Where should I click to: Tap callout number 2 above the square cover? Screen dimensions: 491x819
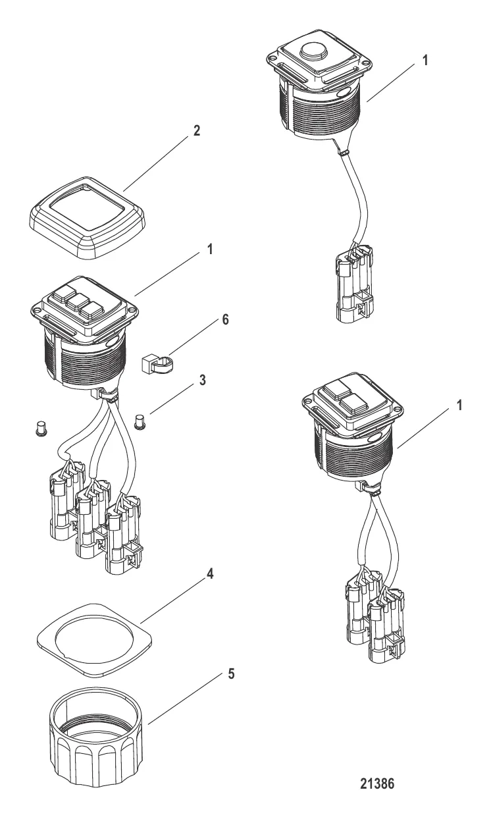tap(197, 130)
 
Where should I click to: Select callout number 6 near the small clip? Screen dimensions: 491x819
tap(226, 319)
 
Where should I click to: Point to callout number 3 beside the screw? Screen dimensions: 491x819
tap(202, 381)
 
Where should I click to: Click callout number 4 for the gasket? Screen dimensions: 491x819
tap(210, 574)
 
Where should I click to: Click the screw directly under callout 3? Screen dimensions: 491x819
tap(140, 421)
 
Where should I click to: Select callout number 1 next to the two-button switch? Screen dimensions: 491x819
tap(459, 405)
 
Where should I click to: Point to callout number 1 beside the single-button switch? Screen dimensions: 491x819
tap(425, 61)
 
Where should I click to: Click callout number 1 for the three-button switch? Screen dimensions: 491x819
tap(209, 250)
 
